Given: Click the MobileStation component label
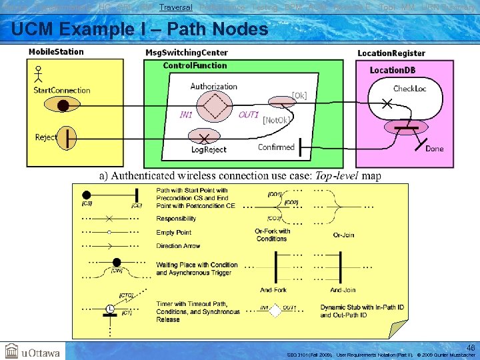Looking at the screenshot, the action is coord(56,52).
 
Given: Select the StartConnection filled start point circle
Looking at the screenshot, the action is coord(63,105).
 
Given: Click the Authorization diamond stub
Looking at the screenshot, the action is coord(215,105).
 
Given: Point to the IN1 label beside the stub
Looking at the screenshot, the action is coord(186,115).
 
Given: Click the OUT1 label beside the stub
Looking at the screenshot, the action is coord(248,115).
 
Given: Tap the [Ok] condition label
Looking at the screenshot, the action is coord(299,95).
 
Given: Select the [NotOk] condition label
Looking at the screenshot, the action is coord(276,120).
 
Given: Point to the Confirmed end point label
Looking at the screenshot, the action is coord(276,147).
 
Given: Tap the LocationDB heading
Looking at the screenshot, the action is coord(397,70).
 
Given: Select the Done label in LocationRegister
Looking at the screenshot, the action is coord(434,149).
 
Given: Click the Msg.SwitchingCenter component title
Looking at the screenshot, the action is coord(186,53).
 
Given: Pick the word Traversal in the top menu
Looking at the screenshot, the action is coord(176,7).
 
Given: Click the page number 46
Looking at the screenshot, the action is coord(471,347).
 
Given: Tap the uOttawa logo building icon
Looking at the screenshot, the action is coord(11,351).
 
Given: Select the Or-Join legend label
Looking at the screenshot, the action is coord(343,235).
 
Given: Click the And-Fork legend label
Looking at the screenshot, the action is coord(273,290).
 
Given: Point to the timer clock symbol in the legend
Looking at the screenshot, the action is coord(109,309).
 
